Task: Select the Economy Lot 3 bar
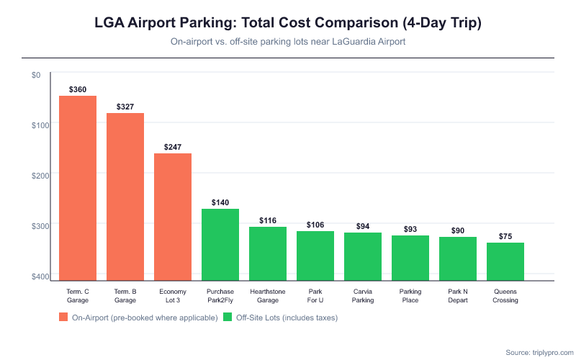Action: coord(173,216)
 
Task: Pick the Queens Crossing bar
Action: coord(505,261)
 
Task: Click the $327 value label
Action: coord(125,107)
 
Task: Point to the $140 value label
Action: coord(220,202)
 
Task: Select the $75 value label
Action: coord(505,236)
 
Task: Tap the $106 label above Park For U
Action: coord(315,225)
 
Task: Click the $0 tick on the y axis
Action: coord(36,75)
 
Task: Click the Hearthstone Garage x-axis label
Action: coord(268,296)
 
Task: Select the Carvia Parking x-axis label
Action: coord(363,296)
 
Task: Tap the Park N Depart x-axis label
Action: coord(458,296)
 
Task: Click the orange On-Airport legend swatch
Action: coord(63,318)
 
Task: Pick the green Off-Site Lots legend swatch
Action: coord(228,318)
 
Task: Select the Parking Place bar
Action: coord(410,257)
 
